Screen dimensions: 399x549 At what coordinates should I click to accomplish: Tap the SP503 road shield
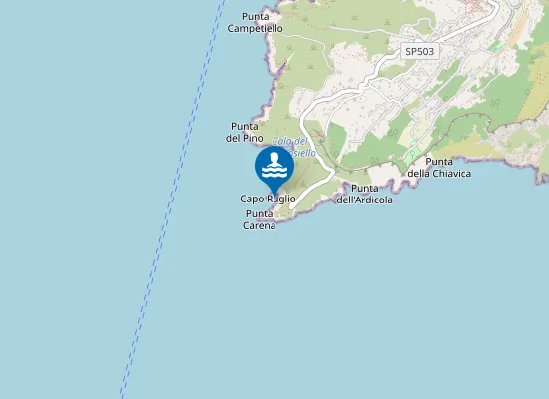[419, 50]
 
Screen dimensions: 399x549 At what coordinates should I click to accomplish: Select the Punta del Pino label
[246, 132]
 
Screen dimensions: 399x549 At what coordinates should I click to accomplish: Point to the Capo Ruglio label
[268, 199]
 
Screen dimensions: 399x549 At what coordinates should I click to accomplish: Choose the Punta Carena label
[260, 219]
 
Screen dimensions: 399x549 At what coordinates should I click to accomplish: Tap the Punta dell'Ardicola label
[364, 194]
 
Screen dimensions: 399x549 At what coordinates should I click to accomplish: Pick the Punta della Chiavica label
[439, 167]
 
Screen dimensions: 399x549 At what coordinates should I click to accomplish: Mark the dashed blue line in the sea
[170, 199]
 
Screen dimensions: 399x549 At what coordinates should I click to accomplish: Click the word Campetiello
[255, 29]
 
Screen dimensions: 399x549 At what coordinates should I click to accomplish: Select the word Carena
[260, 225]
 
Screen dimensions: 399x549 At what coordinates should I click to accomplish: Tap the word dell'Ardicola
[364, 199]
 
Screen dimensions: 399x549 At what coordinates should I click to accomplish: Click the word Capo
[252, 199]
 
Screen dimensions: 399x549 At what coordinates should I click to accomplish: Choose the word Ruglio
[280, 199]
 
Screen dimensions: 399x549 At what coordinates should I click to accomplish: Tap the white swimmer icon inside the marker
[274, 165]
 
